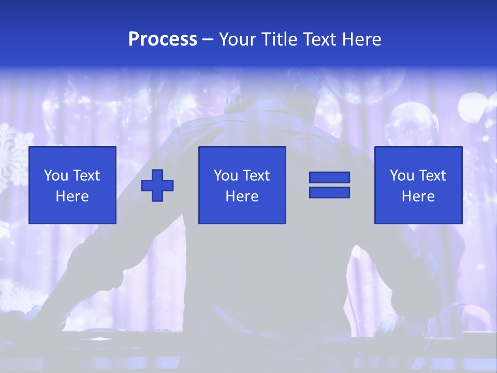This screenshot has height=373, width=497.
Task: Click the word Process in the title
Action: coord(163,39)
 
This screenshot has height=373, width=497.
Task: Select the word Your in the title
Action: coord(238,39)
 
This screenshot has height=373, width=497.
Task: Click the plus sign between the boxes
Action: coord(157,185)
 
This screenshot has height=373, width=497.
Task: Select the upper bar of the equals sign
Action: coord(329,178)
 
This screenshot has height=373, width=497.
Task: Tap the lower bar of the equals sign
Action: coord(329,192)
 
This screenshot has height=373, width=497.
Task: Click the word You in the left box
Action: coord(56,176)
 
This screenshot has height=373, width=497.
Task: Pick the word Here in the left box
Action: coord(72,196)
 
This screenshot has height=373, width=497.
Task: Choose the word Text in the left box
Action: coord(85,176)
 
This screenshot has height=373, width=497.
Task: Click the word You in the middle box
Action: coord(226,176)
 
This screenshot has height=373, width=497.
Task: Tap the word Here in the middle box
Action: coord(242,196)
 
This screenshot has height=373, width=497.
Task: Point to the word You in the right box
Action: coord(402,176)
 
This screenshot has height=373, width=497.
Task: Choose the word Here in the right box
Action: coord(418,196)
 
